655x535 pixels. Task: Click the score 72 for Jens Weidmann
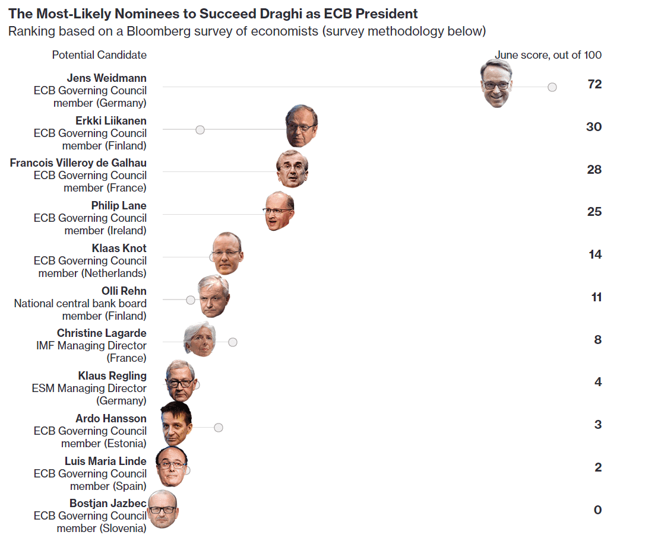[x=594, y=84]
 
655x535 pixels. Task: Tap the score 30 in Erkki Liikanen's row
[x=594, y=127]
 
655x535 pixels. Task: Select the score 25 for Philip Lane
[x=594, y=212]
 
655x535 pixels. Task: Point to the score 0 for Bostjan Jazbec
[x=597, y=510]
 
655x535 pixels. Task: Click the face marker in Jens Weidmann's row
[x=496, y=84]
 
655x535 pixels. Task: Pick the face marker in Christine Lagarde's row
[x=200, y=339]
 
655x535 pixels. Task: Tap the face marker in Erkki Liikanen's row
[x=301, y=126]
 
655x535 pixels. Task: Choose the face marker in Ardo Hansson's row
[x=176, y=424]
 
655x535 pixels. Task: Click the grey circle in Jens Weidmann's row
[x=552, y=87]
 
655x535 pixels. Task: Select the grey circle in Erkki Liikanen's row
[x=200, y=129]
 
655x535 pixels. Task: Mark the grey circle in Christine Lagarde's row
[x=233, y=342]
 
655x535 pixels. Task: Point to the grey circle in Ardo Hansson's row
[x=219, y=428]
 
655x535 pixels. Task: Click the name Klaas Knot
[x=119, y=248]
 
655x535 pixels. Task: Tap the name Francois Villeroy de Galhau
[x=78, y=163]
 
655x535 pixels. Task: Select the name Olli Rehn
[x=124, y=291]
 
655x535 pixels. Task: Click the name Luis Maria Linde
[x=106, y=461]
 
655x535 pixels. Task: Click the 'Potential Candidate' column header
[x=99, y=55]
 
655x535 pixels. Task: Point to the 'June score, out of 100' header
[x=548, y=55]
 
